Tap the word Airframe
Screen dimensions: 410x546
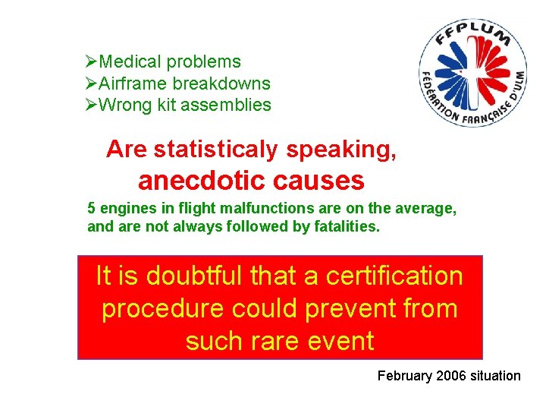click(133, 84)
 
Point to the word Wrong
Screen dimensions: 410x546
click(125, 106)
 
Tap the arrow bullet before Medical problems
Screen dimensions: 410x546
click(92, 62)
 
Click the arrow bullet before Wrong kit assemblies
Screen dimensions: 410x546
click(92, 106)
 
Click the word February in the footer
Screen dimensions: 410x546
click(404, 376)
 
